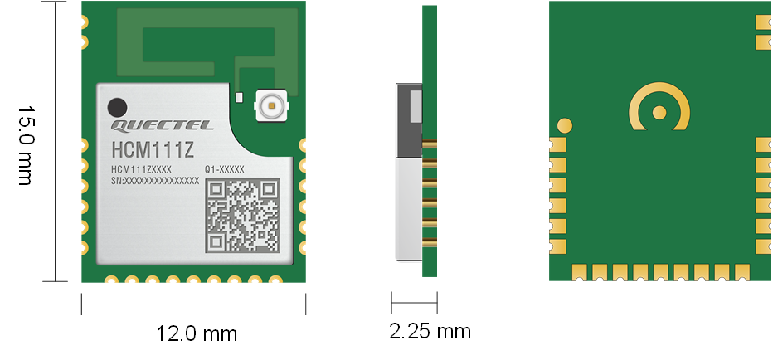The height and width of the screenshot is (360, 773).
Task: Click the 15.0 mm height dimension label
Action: tap(24, 145)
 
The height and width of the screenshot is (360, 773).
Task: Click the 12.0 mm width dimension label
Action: tap(197, 333)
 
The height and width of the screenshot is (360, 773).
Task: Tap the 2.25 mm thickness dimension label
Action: tap(430, 332)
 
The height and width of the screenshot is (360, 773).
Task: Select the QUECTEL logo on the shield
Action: tap(162, 126)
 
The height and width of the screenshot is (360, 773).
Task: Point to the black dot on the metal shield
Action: tap(118, 107)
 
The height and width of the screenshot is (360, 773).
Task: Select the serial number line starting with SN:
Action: tap(155, 179)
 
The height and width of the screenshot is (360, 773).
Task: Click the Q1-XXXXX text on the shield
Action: tap(224, 169)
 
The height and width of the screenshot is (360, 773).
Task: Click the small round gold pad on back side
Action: tap(565, 126)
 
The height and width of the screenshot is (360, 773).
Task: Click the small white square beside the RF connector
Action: tap(240, 98)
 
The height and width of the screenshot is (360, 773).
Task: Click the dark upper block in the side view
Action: tap(409, 120)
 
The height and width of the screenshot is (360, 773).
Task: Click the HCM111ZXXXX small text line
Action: tap(141, 169)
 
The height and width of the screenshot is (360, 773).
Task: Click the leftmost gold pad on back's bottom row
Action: tap(580, 271)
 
